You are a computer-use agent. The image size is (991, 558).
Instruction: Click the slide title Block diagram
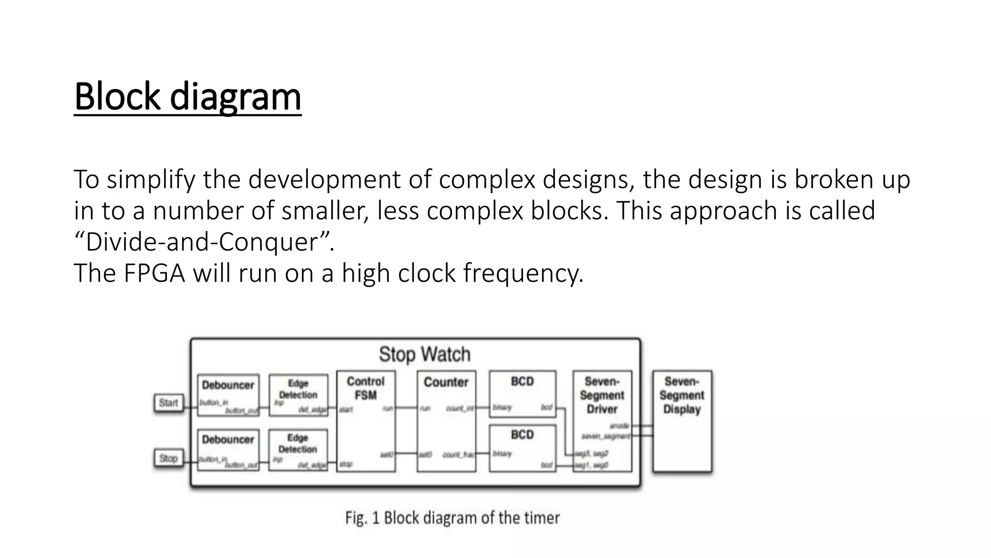coord(188,96)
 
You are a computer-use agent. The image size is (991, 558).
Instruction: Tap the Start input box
coord(168,403)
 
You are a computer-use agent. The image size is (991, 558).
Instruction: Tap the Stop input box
coord(168,458)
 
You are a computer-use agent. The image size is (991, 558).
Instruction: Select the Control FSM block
coord(366,421)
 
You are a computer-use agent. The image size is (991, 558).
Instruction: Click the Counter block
coord(446,421)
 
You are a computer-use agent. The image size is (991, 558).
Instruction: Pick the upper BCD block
coord(522,394)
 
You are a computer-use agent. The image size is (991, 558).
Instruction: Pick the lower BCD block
coord(522,448)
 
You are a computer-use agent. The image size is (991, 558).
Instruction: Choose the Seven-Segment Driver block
coord(602,421)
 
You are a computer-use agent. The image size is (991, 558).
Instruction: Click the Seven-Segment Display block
coord(682,421)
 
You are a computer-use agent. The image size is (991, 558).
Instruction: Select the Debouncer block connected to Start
coord(228,394)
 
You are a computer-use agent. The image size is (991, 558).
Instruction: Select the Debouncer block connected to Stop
coord(228,449)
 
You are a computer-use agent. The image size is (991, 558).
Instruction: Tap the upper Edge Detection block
coord(298,394)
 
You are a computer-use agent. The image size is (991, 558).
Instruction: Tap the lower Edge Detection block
coord(298,449)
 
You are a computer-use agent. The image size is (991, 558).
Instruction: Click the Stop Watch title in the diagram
coord(424,354)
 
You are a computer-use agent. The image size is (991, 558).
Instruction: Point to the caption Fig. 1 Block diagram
coord(452,518)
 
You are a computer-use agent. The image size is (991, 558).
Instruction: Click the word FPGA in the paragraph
coord(154,273)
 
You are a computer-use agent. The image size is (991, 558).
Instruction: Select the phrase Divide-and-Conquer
coord(204,242)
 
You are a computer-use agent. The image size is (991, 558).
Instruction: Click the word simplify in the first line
coord(151,179)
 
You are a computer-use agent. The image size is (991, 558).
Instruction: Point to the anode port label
coord(619,426)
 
